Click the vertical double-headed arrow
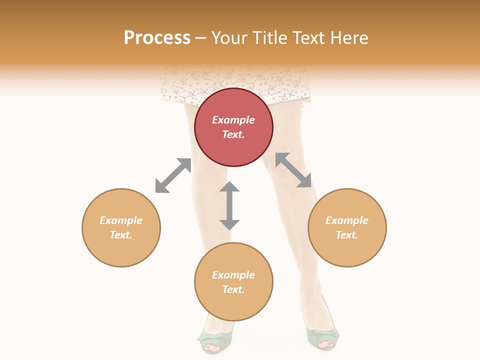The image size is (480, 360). [x=229, y=205]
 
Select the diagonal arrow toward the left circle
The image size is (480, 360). [x=173, y=175]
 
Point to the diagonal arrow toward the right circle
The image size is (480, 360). [x=293, y=170]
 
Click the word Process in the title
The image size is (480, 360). [x=157, y=38]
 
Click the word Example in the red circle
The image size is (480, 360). [x=233, y=120]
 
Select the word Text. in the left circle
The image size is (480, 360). [x=121, y=235]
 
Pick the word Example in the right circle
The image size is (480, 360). [x=347, y=220]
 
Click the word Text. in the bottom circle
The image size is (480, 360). [x=233, y=289]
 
